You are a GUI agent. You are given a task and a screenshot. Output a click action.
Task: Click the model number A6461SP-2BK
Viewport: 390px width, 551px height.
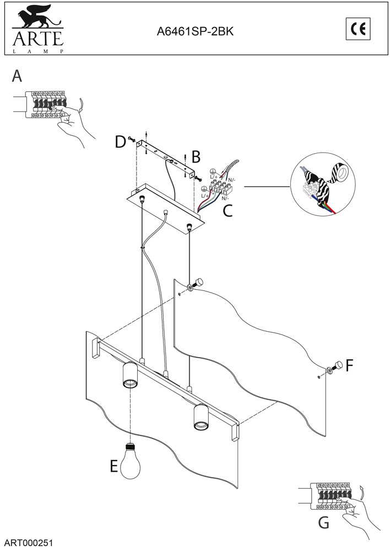tap(196, 32)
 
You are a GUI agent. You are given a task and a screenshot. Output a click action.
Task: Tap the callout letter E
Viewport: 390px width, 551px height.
tap(114, 467)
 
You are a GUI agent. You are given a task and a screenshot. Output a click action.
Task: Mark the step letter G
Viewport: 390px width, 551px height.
tap(324, 521)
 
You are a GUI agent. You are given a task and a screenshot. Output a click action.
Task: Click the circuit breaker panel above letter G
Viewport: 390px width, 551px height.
tap(331, 495)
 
